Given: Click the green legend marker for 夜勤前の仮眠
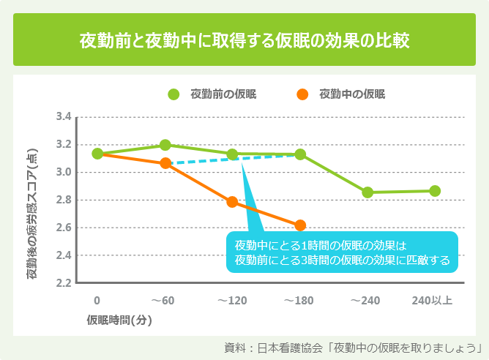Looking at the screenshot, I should pyautogui.click(x=173, y=94).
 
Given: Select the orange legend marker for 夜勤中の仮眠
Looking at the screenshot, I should pyautogui.click(x=302, y=94).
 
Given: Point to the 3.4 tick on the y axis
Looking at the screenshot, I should pyautogui.click(x=63, y=117).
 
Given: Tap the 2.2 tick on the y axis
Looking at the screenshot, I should pyautogui.click(x=63, y=282).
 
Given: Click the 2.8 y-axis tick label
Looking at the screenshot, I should pyautogui.click(x=63, y=200).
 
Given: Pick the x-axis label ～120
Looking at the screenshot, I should pyautogui.click(x=233, y=300).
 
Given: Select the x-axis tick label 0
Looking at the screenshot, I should pyautogui.click(x=97, y=300).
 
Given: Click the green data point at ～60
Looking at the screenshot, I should pyautogui.click(x=165, y=145).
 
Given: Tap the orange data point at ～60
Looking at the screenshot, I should pyautogui.click(x=165, y=163).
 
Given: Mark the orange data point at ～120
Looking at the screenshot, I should pyautogui.click(x=233, y=202).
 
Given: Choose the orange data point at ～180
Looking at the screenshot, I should pyautogui.click(x=300, y=225).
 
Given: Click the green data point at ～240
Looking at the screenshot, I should pyautogui.click(x=367, y=192).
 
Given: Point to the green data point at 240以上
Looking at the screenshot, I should pyautogui.click(x=435, y=191).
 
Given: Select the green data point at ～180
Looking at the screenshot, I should pyautogui.click(x=300, y=154).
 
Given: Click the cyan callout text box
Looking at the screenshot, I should pyautogui.click(x=342, y=252).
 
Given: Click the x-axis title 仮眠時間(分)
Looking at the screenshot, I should pyautogui.click(x=119, y=320).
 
